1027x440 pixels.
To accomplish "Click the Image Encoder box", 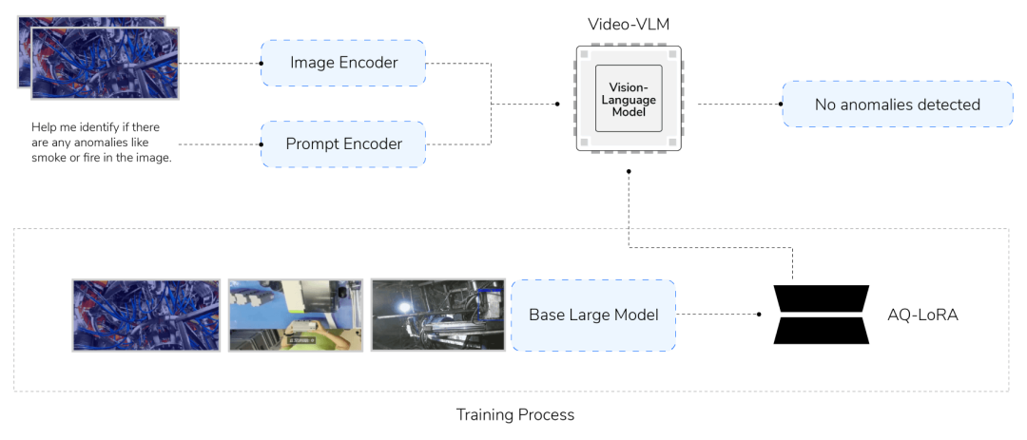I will [x=343, y=63].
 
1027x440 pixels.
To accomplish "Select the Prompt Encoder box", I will [x=343, y=144].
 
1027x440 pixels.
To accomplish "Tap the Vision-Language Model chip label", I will [x=629, y=99].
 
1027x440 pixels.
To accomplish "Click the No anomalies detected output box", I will [x=897, y=105].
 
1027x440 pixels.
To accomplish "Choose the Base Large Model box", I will [x=593, y=315].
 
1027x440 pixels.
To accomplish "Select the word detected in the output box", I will [x=949, y=105].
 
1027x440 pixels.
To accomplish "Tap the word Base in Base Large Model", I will [x=547, y=315].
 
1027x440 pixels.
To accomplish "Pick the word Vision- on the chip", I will [x=629, y=87].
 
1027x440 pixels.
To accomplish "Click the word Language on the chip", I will [x=629, y=99].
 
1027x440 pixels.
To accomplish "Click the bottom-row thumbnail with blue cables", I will [x=146, y=315].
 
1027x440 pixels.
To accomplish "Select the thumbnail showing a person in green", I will [x=295, y=315].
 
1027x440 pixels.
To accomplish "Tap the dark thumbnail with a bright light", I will [x=437, y=315].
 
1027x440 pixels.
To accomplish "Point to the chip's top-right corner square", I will [x=672, y=57].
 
